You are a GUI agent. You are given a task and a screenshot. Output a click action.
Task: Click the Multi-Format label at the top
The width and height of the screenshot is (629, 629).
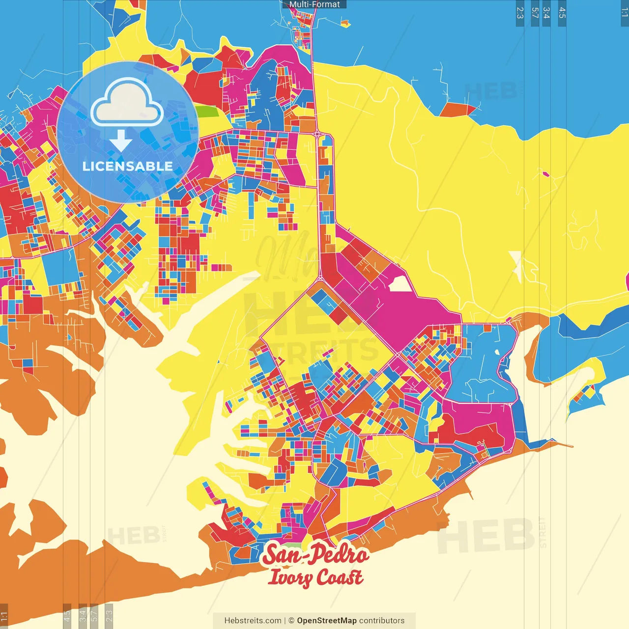coord(314,4)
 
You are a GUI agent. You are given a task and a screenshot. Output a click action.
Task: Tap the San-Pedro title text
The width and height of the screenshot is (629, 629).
coord(315,554)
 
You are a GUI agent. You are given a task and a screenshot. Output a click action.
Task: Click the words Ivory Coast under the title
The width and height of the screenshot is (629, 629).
coord(315,577)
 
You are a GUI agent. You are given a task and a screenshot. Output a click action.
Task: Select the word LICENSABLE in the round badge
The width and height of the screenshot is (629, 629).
coord(128,167)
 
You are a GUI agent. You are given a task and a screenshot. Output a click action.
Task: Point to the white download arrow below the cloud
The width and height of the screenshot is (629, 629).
coord(121,141)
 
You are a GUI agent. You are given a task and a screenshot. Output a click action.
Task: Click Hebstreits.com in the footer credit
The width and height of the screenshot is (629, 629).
coord(253,621)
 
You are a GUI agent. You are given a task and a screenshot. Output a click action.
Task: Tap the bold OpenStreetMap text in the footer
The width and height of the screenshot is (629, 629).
coord(326,621)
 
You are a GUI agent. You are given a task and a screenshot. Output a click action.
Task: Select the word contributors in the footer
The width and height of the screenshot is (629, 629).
coord(382,621)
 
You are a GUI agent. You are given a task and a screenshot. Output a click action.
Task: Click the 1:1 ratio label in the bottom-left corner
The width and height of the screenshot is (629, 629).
coord(4,616)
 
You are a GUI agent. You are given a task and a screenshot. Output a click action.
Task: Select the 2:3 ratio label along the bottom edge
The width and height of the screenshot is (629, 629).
coord(109,615)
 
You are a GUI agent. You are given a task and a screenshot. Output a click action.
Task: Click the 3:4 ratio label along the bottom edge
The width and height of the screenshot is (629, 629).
coord(83,615)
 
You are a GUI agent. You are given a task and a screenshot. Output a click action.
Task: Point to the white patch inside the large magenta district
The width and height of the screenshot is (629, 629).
coord(400,284)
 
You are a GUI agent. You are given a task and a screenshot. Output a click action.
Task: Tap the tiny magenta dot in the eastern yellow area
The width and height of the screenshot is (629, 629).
coord(545,173)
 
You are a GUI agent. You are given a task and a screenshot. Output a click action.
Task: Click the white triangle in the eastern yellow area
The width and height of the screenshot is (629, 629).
coord(516,263)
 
